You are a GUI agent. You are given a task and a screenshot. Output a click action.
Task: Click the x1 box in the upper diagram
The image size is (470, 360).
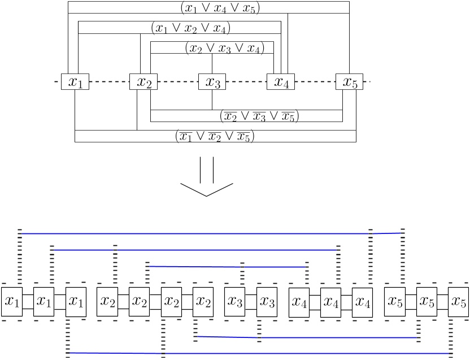tap(75, 82)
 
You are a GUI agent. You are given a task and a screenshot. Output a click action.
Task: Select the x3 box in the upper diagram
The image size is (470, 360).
tap(212, 82)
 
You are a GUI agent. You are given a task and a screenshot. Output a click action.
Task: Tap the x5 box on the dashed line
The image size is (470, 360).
tap(350, 82)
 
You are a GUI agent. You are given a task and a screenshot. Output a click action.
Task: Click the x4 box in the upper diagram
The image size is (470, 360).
tap(281, 82)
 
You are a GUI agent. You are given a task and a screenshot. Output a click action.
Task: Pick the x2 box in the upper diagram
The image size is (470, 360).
tap(143, 82)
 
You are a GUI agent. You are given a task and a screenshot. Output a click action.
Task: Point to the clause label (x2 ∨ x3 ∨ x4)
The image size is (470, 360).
tap(224, 49)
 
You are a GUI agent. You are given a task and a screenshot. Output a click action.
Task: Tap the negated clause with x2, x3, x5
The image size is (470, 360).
tap(259, 116)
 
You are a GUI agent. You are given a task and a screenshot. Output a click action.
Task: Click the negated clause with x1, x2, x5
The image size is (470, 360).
tap(214, 136)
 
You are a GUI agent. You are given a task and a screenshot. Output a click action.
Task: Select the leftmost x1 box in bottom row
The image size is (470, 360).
tap(11, 302)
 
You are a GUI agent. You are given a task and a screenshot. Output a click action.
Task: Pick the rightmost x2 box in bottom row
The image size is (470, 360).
tap(203, 302)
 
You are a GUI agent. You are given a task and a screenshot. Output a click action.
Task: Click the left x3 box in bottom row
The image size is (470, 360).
tap(235, 302)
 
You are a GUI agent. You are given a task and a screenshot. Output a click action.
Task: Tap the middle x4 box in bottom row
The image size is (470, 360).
tap(331, 302)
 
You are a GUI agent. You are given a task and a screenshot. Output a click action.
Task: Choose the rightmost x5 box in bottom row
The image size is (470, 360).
tap(458, 302)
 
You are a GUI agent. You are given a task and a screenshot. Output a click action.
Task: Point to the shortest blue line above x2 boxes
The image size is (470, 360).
tap(226, 266)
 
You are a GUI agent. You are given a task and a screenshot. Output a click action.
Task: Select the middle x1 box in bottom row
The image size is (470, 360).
tap(43, 302)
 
